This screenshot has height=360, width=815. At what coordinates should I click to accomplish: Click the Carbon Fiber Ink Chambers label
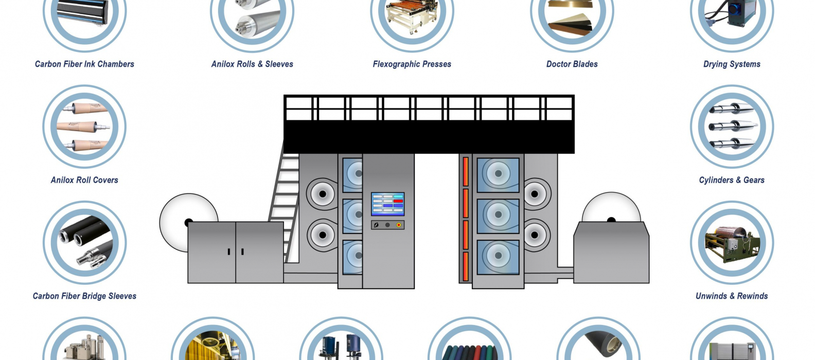pos(84,64)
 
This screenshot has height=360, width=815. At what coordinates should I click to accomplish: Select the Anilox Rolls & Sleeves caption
pos(252,64)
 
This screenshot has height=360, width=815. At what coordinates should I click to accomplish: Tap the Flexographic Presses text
pos(412,64)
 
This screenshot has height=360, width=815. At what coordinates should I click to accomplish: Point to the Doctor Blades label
pos(572,64)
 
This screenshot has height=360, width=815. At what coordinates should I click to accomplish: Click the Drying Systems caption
pos(732,64)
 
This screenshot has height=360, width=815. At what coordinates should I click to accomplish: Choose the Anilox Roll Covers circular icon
pos(84,127)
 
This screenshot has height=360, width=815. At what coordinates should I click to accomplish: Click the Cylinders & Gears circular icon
pos(732,127)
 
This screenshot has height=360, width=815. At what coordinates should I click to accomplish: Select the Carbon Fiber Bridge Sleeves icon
pos(84,243)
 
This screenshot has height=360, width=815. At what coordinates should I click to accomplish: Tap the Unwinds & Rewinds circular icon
pos(732,243)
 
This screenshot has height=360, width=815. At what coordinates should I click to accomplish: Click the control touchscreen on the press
pos(387,204)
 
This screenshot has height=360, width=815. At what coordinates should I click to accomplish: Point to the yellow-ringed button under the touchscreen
pos(398,225)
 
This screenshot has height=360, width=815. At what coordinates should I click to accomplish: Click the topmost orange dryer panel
pos(466,172)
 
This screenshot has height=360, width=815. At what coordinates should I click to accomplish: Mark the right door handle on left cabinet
pos(242,251)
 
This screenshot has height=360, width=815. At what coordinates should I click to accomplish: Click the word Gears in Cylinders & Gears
pos(754,180)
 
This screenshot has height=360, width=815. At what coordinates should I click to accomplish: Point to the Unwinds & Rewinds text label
pos(732,296)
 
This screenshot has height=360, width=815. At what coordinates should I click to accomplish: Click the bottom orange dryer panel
pos(466,266)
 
